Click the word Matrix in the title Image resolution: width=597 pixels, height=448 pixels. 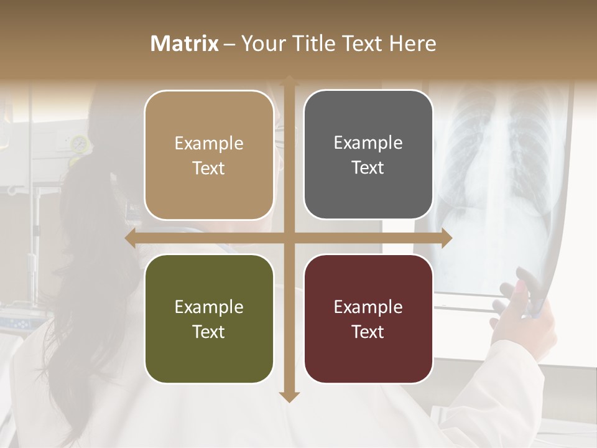pos(185,44)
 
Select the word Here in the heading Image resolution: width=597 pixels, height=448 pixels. pos(412,44)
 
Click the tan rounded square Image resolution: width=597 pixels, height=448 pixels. pos(209,156)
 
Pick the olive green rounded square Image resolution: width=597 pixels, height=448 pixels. pos(209,319)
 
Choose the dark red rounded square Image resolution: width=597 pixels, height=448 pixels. pos(368,319)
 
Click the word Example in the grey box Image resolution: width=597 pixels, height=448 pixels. pos(368,142)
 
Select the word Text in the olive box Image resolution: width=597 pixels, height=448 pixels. pos(209,332)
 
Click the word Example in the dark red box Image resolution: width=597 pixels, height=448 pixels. pos(368,307)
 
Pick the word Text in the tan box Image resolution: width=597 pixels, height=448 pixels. pos(209,168)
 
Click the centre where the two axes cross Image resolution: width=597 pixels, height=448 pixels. pos(289,238)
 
